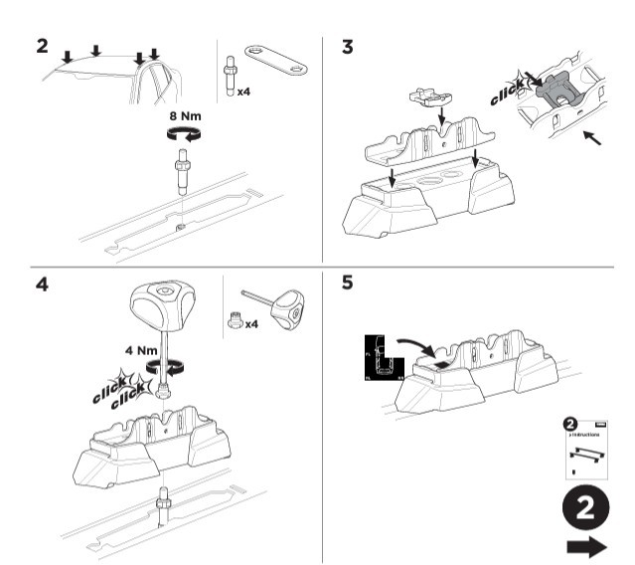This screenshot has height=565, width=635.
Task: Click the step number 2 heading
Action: tap(41, 46)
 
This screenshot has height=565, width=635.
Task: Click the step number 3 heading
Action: tap(347, 46)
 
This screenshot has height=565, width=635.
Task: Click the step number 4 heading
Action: tap(41, 283)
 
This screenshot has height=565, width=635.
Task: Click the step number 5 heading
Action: tap(347, 283)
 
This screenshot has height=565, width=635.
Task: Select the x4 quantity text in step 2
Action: tap(243, 91)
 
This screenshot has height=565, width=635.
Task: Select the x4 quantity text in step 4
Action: tap(252, 324)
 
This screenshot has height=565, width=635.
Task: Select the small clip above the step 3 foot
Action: tap(429, 98)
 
